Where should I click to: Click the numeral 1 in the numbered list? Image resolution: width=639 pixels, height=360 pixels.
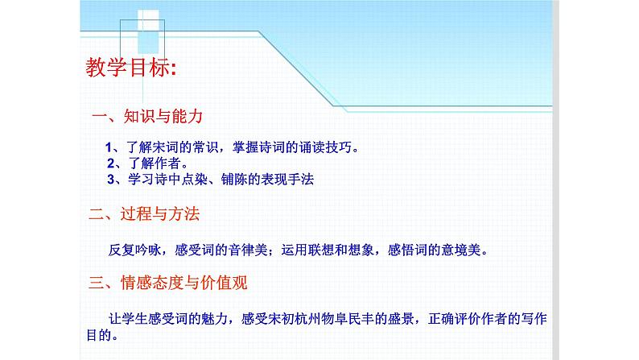(x=109, y=148)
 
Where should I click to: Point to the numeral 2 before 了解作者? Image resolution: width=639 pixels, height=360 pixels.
(x=110, y=163)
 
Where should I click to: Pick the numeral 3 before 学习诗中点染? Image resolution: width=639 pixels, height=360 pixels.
(x=110, y=180)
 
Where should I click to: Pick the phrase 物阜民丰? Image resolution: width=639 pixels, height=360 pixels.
(x=349, y=317)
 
